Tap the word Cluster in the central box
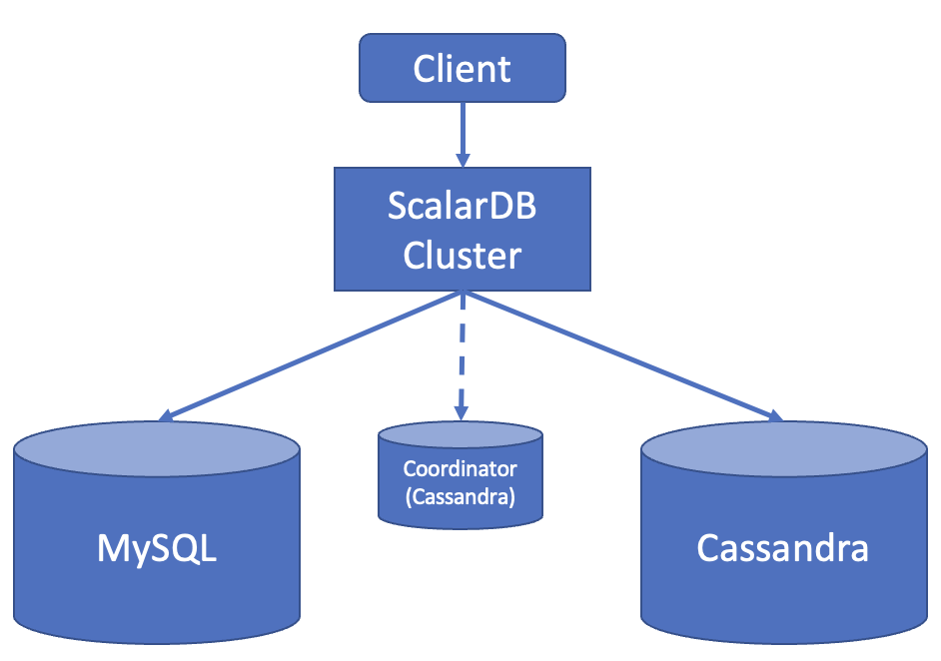[462, 255]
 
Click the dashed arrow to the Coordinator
[462, 349]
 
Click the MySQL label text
[157, 548]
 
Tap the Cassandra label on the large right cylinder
[782, 548]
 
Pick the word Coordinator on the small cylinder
[461, 468]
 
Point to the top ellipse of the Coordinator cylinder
[461, 436]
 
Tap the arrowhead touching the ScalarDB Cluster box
[463, 160]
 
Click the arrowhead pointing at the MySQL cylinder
[168, 416]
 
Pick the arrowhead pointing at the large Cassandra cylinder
[773, 415]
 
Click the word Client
[463, 68]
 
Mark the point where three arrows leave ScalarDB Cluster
[462, 293]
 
